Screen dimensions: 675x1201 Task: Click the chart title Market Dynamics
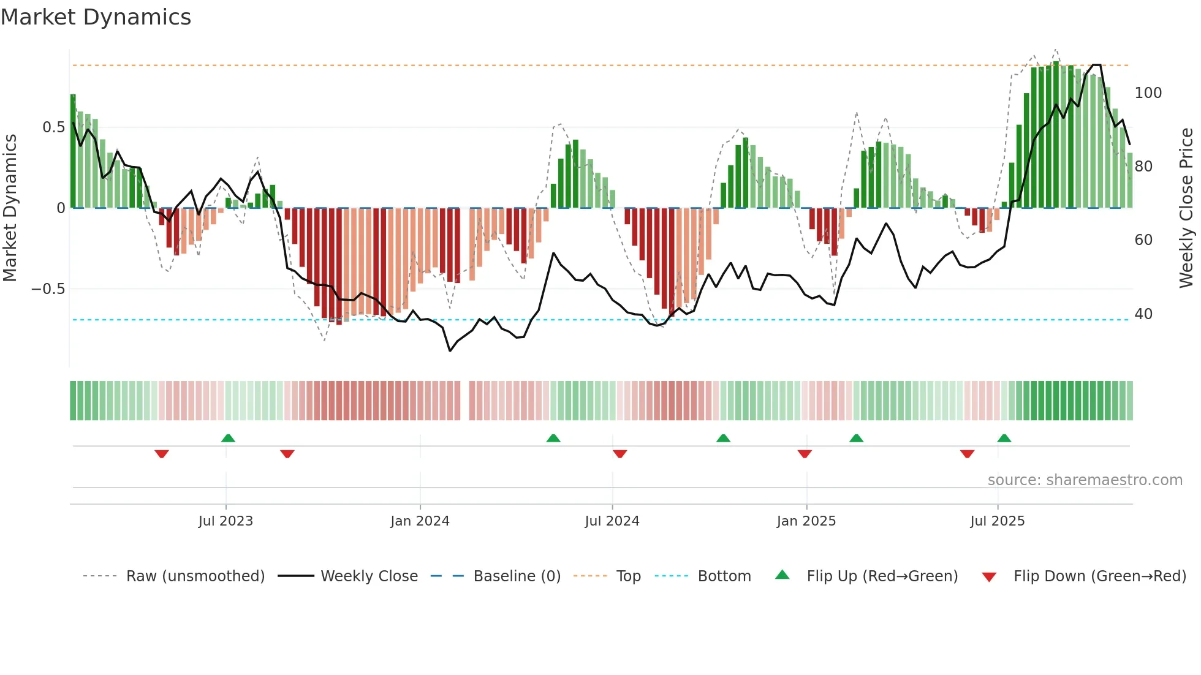point(96,17)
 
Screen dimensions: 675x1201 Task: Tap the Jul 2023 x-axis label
point(225,521)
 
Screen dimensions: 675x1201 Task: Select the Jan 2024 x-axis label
point(420,521)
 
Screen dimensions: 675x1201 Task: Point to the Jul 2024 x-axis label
point(612,521)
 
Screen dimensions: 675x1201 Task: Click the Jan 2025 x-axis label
point(806,521)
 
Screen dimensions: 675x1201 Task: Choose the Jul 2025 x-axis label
point(997,521)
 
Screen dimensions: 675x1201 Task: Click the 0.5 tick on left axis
point(53,127)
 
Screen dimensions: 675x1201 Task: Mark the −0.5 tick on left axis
point(48,289)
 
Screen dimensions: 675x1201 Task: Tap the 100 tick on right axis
point(1148,93)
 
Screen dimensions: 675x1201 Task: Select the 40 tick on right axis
point(1143,314)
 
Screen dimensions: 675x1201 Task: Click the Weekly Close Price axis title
point(1186,208)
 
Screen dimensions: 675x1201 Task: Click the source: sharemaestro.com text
point(1085,480)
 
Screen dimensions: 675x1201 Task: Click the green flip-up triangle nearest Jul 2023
point(228,439)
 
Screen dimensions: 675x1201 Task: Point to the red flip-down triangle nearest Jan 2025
point(805,454)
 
